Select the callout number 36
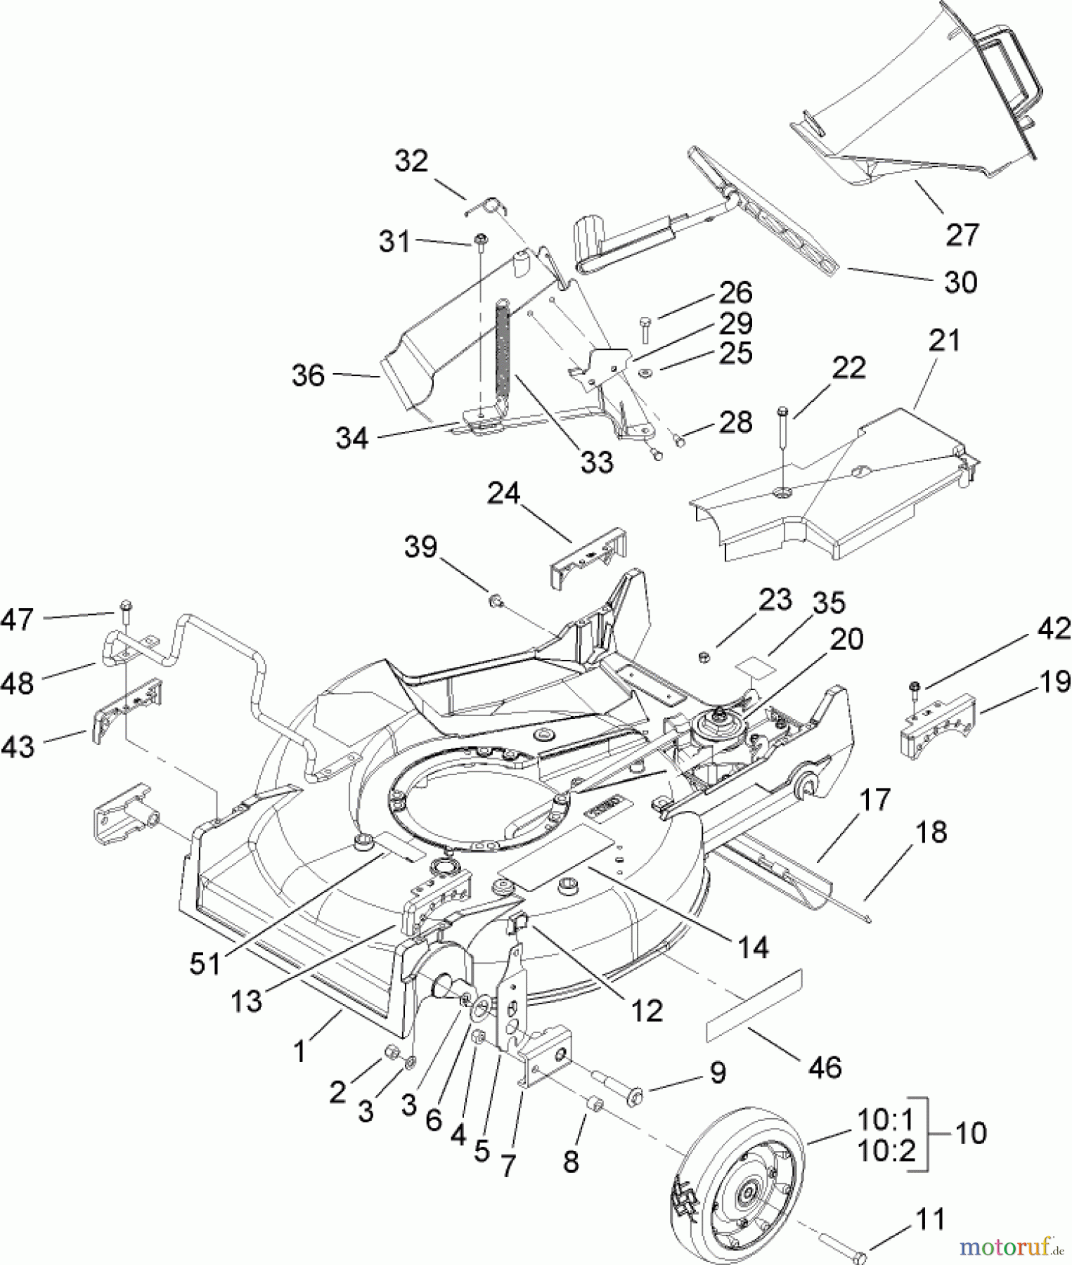tap(309, 375)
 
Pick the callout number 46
tap(825, 1067)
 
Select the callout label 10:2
tap(886, 1150)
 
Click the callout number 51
tap(206, 964)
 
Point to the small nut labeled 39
tap(495, 600)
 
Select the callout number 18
tap(931, 831)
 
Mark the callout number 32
tap(411, 161)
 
